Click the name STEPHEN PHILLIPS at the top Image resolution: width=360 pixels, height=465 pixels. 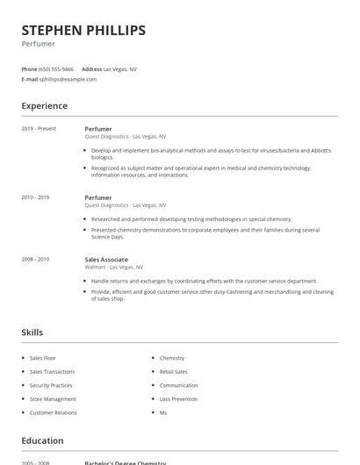point(83,31)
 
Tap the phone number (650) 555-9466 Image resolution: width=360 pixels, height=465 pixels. point(56,68)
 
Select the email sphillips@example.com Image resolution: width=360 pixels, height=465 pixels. point(68,79)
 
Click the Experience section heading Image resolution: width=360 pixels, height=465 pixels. point(45,106)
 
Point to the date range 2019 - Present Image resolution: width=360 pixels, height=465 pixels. point(39,129)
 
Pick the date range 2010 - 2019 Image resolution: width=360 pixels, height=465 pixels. point(35,197)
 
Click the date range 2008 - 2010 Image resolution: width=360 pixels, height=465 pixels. point(35,260)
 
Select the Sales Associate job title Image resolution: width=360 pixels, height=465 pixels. point(106,260)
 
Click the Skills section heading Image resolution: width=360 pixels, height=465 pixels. point(32,333)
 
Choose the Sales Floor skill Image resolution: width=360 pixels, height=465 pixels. point(42,358)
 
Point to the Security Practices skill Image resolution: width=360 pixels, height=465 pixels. point(51,385)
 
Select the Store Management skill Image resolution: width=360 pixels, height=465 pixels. point(53,399)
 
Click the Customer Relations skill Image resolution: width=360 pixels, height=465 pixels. point(54,412)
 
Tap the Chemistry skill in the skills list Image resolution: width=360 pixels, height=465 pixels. point(172,358)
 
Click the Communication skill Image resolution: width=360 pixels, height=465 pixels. point(178,385)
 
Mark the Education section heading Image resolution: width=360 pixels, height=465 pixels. point(42,440)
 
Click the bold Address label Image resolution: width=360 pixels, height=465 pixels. point(91,68)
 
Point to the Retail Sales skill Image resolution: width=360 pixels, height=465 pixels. point(174,372)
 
